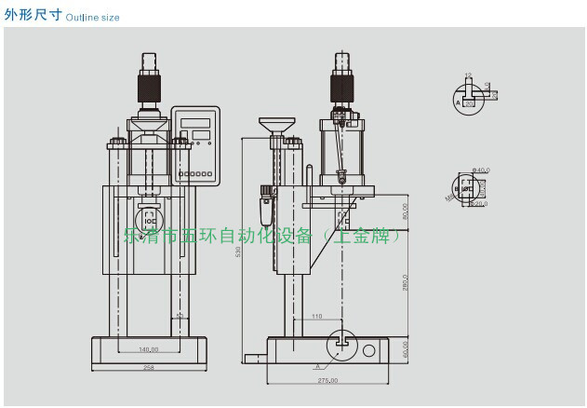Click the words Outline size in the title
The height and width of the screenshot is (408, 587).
coord(93,17)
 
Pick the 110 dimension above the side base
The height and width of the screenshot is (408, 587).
coord(316,317)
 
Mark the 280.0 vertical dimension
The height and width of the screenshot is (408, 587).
coord(406,280)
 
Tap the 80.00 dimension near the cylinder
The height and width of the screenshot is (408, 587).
coord(406,212)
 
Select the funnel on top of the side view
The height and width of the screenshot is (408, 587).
coord(274,124)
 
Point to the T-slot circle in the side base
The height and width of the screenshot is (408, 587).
coord(339,342)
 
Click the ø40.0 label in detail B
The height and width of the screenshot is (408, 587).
coord(482,170)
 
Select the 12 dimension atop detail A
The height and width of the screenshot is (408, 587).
coord(468,75)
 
